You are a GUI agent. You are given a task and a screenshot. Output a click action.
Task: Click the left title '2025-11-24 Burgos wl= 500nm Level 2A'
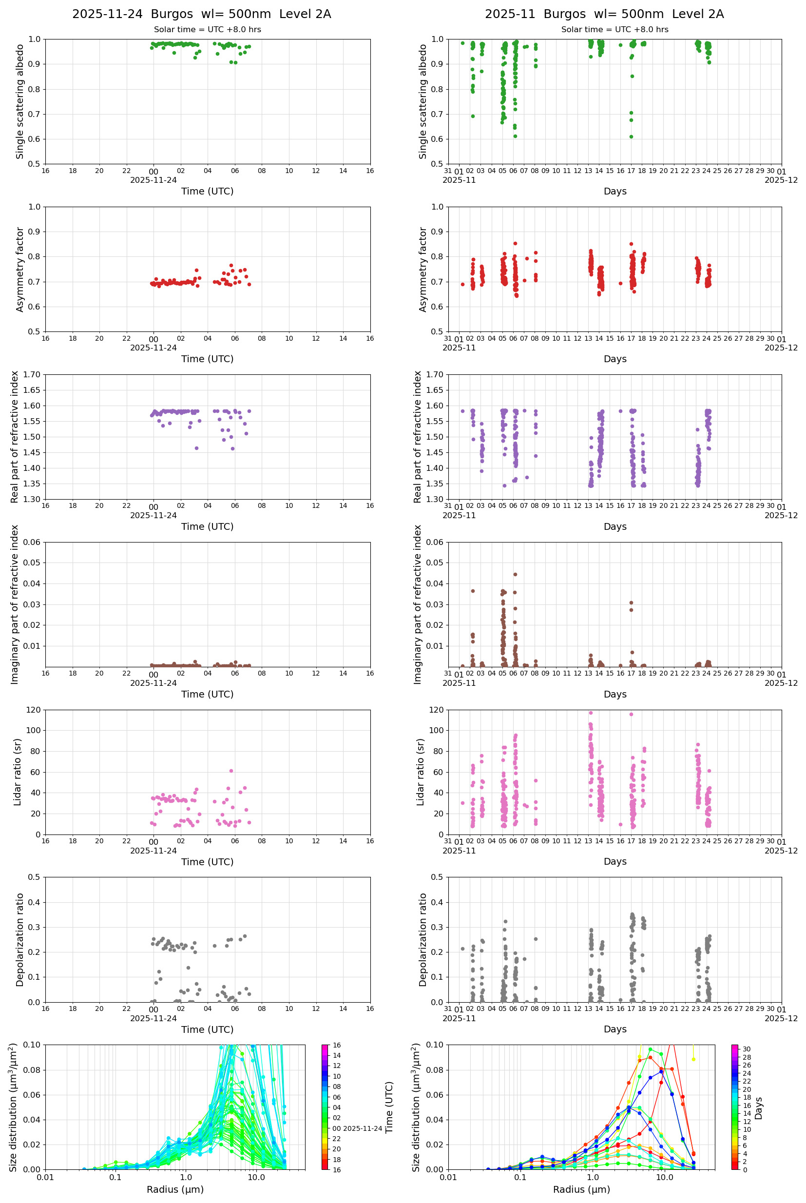tap(202, 14)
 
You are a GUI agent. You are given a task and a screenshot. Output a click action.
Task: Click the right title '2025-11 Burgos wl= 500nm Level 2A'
tap(604, 14)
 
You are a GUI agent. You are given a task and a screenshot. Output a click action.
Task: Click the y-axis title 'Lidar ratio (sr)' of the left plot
tap(18, 772)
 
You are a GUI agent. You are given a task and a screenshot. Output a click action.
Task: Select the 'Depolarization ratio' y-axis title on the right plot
tap(422, 939)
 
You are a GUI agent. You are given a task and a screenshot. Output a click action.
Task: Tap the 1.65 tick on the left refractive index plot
tap(32, 389)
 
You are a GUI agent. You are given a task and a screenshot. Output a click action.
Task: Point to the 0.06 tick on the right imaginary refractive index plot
tap(435, 542)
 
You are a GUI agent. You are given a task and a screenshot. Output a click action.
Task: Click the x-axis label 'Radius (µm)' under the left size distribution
tap(175, 1189)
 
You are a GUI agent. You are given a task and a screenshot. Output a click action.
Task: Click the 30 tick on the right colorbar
tap(746, 1049)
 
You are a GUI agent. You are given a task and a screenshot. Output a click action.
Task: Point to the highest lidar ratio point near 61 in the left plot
tap(231, 771)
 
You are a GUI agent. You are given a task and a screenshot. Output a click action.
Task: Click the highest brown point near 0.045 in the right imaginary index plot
tap(515, 574)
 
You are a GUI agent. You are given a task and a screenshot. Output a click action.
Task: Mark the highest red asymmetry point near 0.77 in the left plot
tap(231, 265)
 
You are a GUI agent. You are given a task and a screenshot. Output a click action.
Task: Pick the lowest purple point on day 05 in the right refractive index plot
tap(504, 485)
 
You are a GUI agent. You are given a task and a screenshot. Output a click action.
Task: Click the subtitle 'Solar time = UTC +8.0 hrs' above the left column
tap(207, 29)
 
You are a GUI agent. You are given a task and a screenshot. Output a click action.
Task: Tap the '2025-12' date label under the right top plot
tap(781, 180)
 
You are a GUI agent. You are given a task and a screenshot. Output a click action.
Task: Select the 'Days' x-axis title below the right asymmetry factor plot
tap(615, 358)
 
